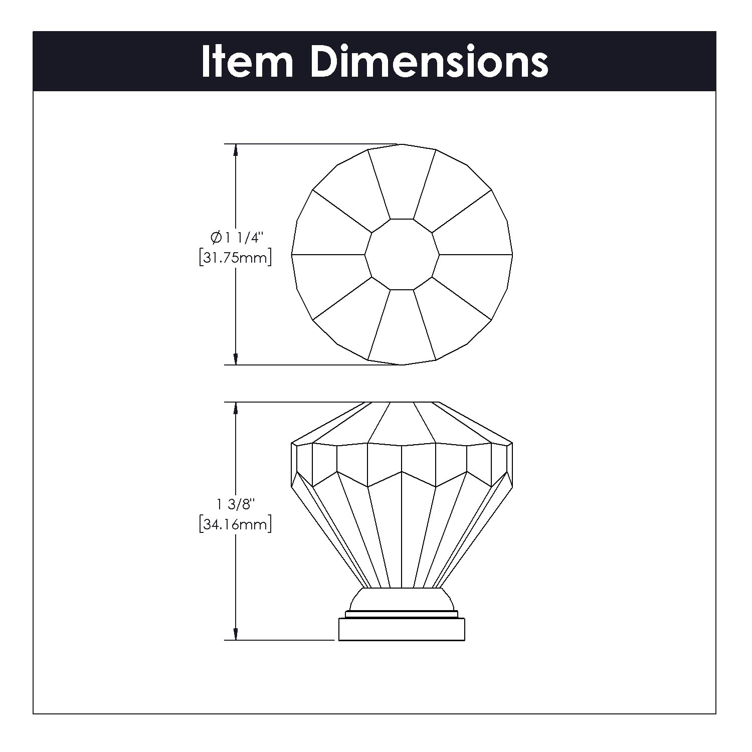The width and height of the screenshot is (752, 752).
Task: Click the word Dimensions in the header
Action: point(430,62)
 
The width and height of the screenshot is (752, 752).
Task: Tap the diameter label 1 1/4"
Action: point(243,238)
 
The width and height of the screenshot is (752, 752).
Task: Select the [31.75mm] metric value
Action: point(235,258)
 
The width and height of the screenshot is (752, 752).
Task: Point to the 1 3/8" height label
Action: point(235,503)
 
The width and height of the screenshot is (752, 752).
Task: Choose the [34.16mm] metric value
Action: point(235,524)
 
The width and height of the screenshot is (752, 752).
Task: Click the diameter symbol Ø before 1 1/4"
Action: point(216,238)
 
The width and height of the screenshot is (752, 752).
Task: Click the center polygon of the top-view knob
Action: point(402,255)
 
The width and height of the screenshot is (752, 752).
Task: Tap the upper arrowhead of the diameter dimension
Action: point(236,151)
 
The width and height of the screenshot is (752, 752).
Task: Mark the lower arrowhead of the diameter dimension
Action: point(236,358)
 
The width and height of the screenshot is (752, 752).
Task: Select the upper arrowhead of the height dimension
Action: point(236,409)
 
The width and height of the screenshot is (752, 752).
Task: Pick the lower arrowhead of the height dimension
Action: point(236,633)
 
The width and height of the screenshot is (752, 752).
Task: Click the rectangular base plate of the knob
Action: point(402,629)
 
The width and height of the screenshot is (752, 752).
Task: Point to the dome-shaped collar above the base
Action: point(402,599)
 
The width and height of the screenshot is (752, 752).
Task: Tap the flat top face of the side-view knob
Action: point(402,402)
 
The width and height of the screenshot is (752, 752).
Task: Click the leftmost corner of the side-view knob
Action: point(291,444)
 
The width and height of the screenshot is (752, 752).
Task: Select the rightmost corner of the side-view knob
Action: point(512,443)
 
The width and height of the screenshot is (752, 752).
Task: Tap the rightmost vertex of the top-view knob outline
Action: point(512,255)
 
